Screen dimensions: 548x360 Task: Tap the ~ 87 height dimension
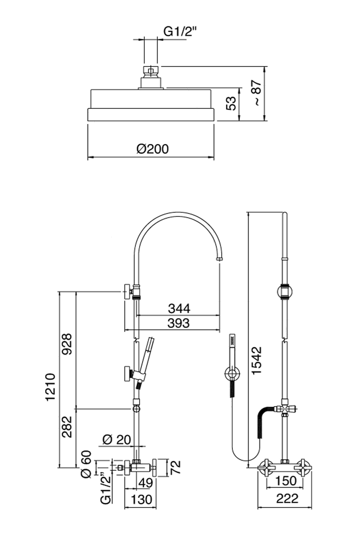coord(256,93)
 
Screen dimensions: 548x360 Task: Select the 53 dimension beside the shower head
coord(230,104)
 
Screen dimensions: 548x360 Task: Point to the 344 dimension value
coord(179,308)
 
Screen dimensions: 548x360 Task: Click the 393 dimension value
coord(178,323)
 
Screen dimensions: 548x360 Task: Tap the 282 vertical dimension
coord(66,427)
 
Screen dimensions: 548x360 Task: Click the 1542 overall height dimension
coord(256,360)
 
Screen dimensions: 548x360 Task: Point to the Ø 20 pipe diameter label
coord(116,440)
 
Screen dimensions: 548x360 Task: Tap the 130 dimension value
coord(141,499)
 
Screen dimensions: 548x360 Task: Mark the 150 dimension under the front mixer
coord(286,480)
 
